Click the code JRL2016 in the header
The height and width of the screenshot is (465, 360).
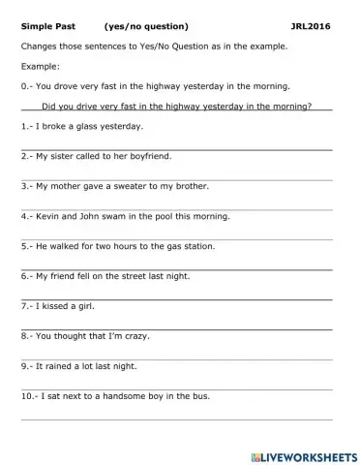point(310,26)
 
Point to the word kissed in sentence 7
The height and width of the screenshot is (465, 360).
point(56,306)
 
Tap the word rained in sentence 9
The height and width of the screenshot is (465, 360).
point(61,366)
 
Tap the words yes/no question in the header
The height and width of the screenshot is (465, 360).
point(145,26)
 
